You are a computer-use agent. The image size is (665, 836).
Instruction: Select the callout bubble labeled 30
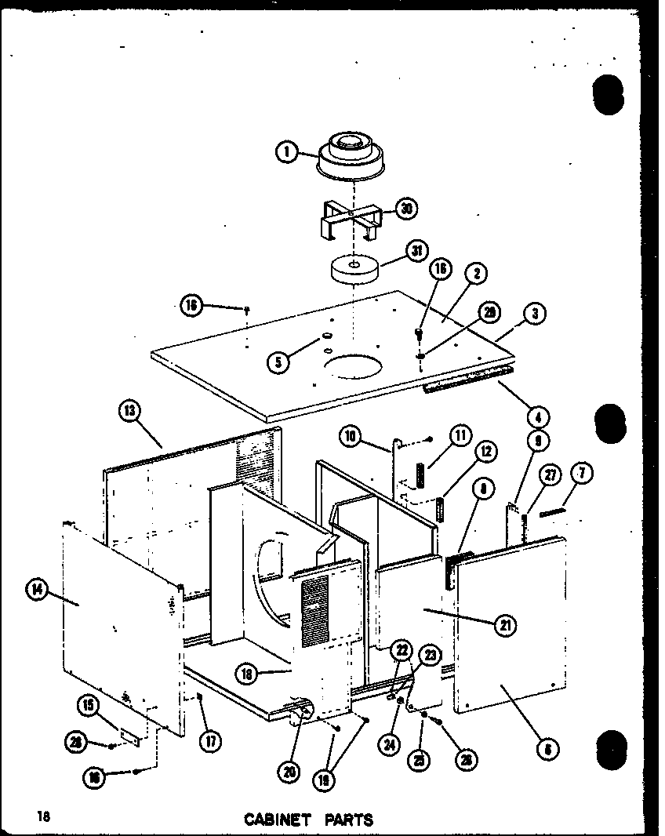point(405,209)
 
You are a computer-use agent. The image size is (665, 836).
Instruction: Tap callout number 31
point(415,251)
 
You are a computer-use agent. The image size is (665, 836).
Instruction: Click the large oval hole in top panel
point(351,367)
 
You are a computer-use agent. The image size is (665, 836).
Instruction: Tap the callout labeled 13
point(130,409)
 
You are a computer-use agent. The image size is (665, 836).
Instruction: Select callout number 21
point(504,624)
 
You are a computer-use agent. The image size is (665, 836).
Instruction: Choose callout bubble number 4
point(539,417)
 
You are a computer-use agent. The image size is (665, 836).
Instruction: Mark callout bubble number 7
point(582,473)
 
